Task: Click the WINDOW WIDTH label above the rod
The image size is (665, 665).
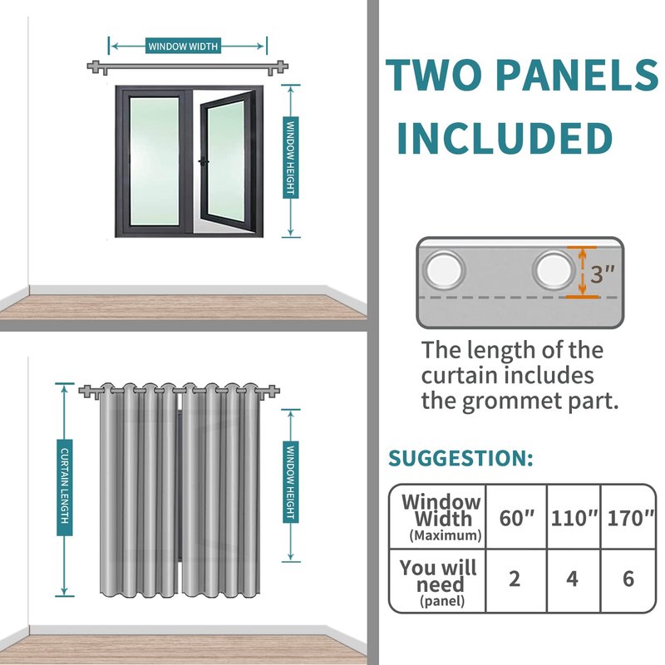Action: (x=183, y=46)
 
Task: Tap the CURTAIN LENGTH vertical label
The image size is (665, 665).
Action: (x=65, y=487)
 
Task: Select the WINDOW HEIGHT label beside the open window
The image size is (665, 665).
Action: (x=290, y=157)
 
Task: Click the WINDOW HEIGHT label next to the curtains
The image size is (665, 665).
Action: (x=290, y=482)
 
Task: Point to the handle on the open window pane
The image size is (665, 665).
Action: (x=204, y=161)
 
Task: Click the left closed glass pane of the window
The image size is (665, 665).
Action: (x=154, y=161)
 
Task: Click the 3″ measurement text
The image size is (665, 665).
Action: (x=602, y=274)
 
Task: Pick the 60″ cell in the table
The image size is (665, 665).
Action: (x=516, y=518)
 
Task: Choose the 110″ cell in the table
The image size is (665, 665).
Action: (x=574, y=518)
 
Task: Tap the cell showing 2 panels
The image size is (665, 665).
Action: (x=515, y=579)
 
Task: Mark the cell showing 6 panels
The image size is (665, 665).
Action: (x=628, y=579)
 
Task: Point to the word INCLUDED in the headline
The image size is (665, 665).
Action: (x=505, y=138)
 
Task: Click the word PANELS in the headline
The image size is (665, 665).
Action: (x=577, y=75)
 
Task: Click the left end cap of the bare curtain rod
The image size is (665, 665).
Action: (x=95, y=67)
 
